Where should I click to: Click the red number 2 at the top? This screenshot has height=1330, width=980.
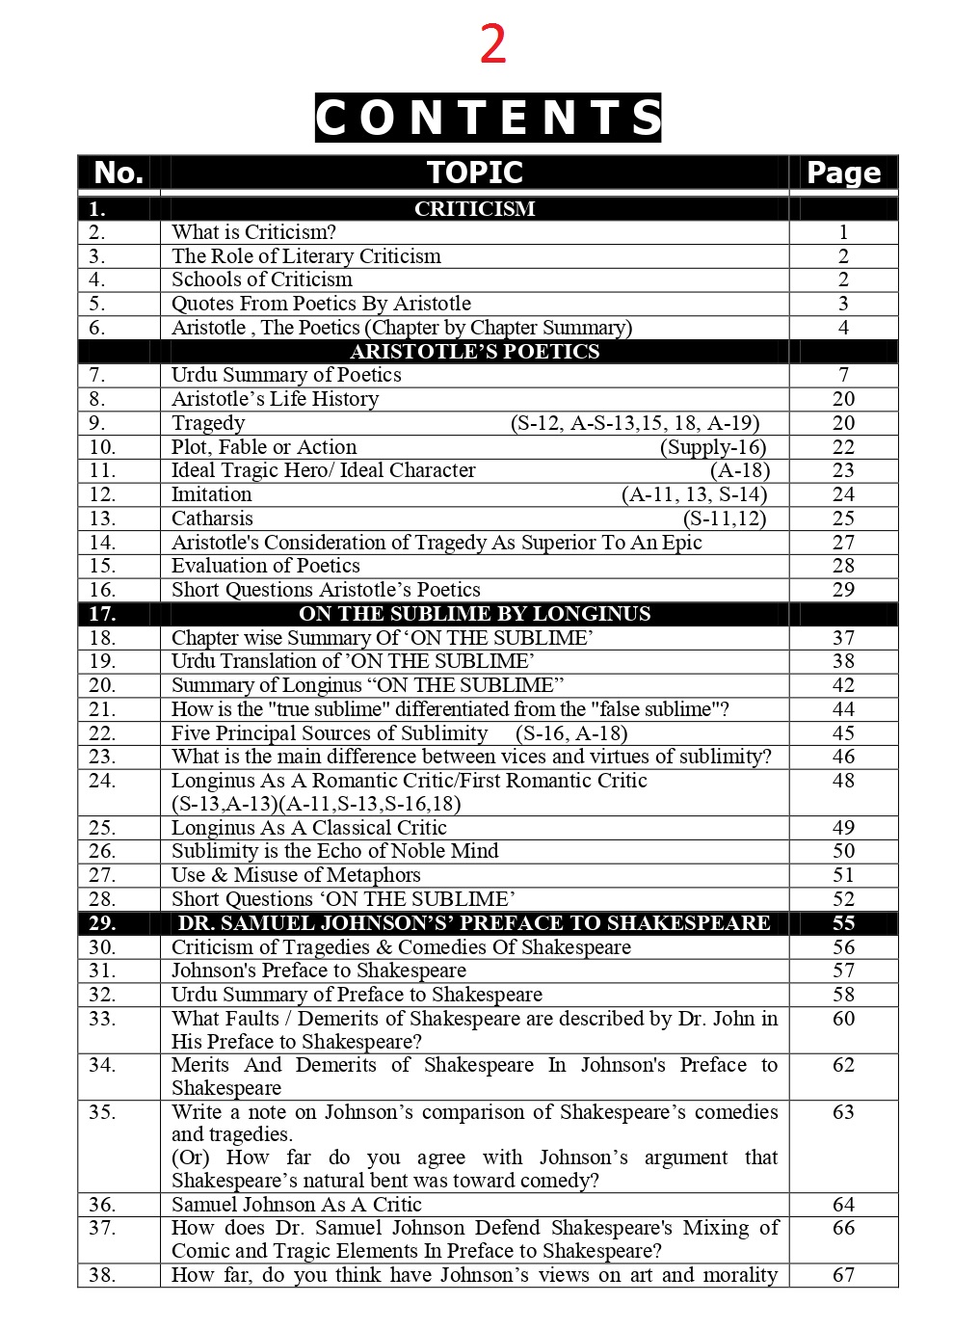pos(492,45)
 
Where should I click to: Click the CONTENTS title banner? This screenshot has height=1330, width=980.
pos(488,118)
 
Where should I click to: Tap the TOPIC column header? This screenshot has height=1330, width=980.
pos(474,173)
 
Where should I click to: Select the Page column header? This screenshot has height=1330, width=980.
pos(843,173)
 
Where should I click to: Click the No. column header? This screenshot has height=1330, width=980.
pos(119,173)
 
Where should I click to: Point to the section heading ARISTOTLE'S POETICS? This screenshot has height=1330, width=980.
pos(474,352)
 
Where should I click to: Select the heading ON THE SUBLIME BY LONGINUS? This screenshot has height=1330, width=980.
pos(474,614)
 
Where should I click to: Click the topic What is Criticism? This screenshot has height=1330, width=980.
pos(253,232)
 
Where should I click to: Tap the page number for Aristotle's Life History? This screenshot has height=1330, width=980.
pos(843,399)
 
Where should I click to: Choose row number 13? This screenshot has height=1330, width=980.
pos(102,519)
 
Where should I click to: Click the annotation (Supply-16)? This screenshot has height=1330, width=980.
pos(713,447)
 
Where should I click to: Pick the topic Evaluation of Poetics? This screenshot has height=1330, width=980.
pos(266,566)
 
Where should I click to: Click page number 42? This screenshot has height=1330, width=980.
pos(843,685)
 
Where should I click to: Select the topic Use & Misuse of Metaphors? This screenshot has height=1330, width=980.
pos(296,875)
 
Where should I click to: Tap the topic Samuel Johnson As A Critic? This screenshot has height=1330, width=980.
pos(297,1205)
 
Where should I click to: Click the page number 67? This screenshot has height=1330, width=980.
pos(843,1275)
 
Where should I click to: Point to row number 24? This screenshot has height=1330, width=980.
pos(102,781)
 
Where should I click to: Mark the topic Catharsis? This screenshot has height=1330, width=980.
pos(212,519)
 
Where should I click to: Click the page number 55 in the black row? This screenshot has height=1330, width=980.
pos(843,923)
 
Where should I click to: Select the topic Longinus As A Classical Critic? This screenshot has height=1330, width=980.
pos(309,828)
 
